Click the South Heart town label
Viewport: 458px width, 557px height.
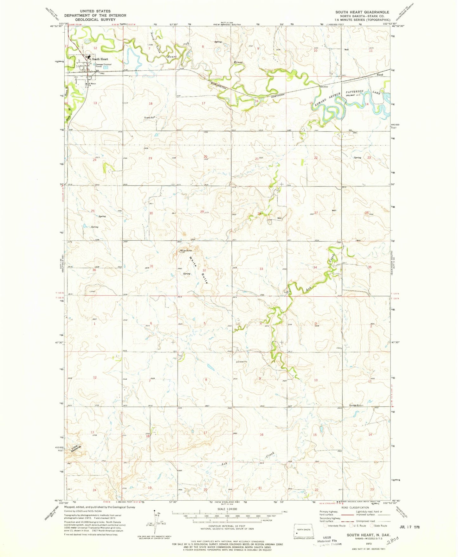[x=100, y=59]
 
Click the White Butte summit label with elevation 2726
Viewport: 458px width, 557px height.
[x=186, y=250]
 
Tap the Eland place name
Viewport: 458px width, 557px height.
[x=379, y=75]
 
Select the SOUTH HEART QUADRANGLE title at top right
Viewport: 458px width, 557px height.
[x=362, y=12]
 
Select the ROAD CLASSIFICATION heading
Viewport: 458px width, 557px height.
[x=359, y=508]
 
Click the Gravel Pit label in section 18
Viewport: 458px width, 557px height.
[x=149, y=117]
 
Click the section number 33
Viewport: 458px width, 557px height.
[x=261, y=269]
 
